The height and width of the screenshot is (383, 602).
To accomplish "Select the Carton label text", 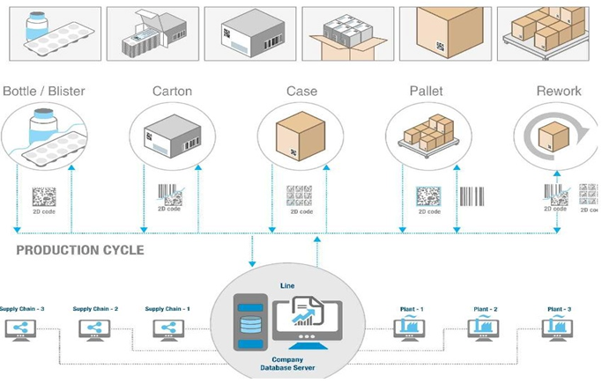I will click(173, 91).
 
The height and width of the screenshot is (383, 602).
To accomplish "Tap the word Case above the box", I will click(301, 91).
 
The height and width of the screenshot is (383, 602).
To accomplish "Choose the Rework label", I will click(558, 91).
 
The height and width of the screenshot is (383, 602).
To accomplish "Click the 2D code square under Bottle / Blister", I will click(45, 195).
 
